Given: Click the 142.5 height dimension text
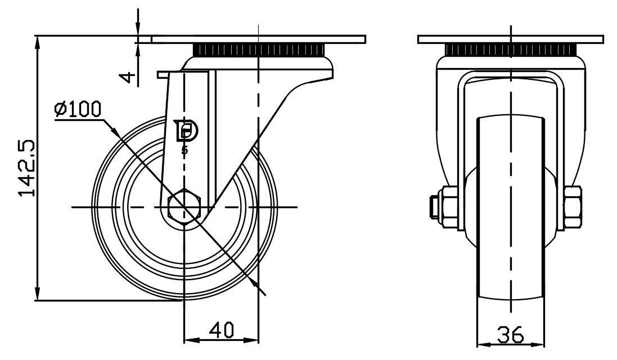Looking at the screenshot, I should (26, 168).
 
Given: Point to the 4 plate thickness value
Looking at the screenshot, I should (130, 76).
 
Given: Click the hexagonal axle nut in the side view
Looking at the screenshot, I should (185, 207).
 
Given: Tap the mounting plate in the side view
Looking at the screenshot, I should (259, 39).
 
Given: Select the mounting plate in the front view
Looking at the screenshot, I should (511, 39).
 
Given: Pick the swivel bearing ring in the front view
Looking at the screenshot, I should (511, 50).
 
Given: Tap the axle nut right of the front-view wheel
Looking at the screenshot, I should (573, 207).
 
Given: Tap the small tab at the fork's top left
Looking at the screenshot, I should (163, 74).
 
